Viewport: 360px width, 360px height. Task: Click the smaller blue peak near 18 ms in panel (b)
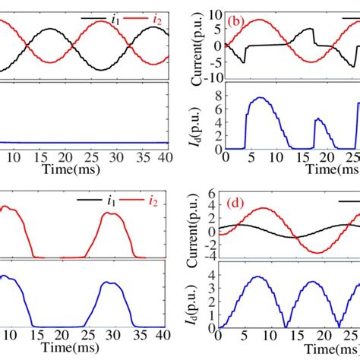pos(318,118)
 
